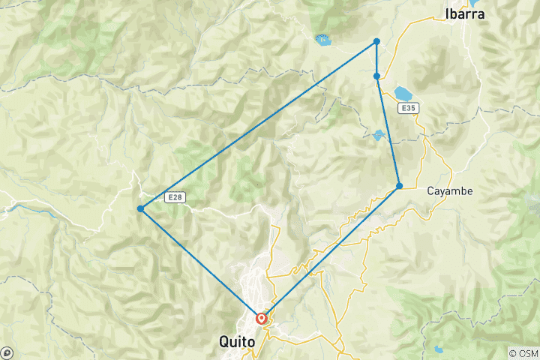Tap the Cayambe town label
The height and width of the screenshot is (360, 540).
pos(450,191)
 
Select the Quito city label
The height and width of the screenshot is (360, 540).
pos(237,341)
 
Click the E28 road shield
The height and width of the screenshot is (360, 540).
pos(173,197)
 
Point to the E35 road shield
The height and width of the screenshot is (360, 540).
pos(407,109)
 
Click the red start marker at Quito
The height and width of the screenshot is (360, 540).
pos(261,318)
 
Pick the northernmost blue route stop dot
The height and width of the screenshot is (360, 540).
pos(376,41)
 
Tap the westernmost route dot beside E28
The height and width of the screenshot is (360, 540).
pos(140,208)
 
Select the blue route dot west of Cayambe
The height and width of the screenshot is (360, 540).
pos(399,185)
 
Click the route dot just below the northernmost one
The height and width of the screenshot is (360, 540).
pos(376,76)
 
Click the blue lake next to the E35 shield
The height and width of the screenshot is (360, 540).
pos(403,94)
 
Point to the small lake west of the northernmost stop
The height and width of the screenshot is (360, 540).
pos(323,40)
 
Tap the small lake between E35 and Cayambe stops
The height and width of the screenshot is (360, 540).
pos(379,136)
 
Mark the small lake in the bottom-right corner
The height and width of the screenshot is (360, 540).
pos(437,348)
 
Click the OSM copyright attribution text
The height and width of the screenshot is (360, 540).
pos(523,353)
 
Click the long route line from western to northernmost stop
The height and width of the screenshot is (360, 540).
pos(259,124)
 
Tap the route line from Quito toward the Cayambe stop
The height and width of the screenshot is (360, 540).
pos(330,251)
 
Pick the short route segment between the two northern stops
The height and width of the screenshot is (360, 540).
pos(376,58)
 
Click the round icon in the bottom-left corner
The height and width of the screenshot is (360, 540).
pos(7,352)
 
